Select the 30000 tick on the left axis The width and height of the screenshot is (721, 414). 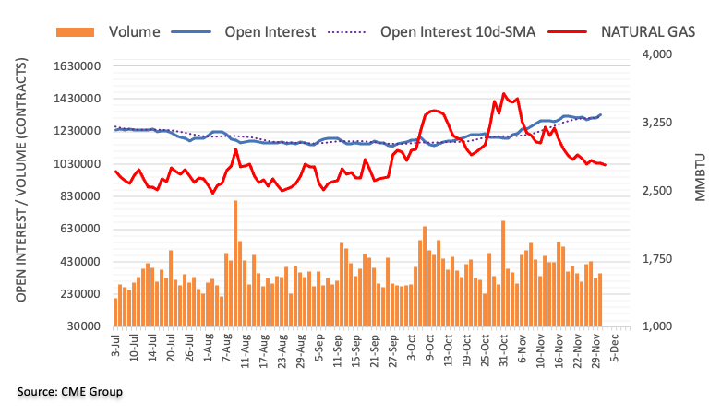[80, 326]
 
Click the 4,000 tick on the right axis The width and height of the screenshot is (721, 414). [656, 55]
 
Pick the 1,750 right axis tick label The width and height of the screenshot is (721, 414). [656, 259]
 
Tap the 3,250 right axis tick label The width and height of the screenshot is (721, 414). [656, 124]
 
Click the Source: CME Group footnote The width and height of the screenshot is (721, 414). [70, 392]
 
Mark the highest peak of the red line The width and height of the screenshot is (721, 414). [503, 93]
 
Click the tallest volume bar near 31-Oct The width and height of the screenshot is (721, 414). [503, 273]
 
